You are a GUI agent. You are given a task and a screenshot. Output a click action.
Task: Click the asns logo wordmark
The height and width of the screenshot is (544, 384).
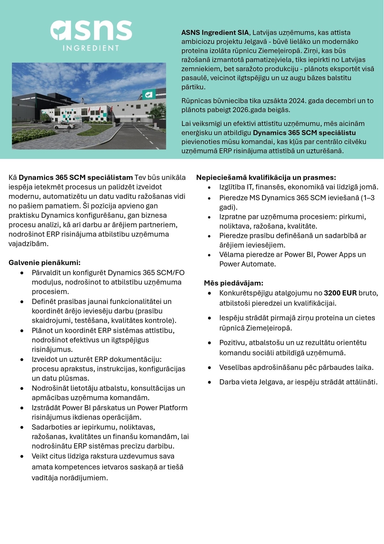click(91, 30)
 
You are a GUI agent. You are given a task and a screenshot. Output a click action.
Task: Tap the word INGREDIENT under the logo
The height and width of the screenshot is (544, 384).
click(91, 48)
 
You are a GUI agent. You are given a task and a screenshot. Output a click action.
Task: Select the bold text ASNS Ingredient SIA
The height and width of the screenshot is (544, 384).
click(215, 33)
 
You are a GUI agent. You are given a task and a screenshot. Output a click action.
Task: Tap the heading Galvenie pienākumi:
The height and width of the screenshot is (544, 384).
click(44, 263)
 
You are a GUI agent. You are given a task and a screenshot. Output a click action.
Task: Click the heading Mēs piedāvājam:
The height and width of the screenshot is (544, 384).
click(234, 283)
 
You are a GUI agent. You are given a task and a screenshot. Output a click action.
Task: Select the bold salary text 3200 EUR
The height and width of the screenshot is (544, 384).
click(340, 293)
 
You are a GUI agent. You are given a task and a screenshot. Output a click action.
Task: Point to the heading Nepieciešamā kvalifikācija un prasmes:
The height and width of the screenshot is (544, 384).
click(266, 178)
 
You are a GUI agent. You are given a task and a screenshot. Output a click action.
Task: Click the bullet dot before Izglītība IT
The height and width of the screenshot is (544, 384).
click(209, 188)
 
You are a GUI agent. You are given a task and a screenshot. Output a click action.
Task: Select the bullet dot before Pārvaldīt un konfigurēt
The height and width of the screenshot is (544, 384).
click(22, 273)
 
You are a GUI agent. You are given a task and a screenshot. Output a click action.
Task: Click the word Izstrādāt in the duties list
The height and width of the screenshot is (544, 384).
click(46, 408)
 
